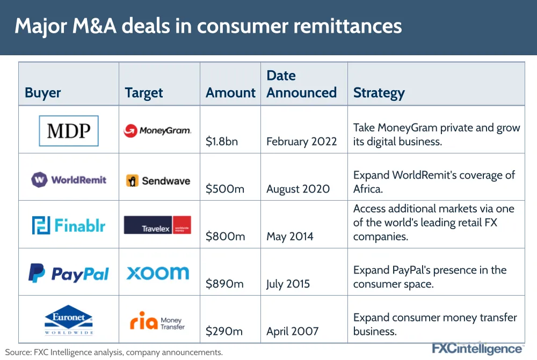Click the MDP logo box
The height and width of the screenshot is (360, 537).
click(x=69, y=131)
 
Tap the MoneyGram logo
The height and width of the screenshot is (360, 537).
click(x=157, y=130)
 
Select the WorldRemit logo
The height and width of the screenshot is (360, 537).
click(x=69, y=180)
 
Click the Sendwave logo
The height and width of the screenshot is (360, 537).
click(x=158, y=181)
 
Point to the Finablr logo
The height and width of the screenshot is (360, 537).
click(x=69, y=225)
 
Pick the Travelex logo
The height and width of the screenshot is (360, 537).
click(x=157, y=225)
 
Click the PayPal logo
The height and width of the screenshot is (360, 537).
click(x=69, y=273)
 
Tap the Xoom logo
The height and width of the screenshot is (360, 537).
click(x=157, y=273)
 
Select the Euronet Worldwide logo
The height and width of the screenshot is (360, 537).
click(x=69, y=320)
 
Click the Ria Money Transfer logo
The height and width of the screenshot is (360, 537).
click(x=157, y=321)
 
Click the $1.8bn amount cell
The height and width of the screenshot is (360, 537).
click(x=222, y=141)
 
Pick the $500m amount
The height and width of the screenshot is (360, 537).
click(x=225, y=189)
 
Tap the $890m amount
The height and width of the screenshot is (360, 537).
click(x=224, y=284)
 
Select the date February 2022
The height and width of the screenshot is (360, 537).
click(x=302, y=141)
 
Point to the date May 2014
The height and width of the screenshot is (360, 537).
click(x=290, y=237)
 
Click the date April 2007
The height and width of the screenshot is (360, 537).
click(x=293, y=331)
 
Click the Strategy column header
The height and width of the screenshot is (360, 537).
click(x=379, y=93)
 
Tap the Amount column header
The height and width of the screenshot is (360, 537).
click(x=230, y=93)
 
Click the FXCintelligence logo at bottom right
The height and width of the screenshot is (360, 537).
click(x=477, y=349)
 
